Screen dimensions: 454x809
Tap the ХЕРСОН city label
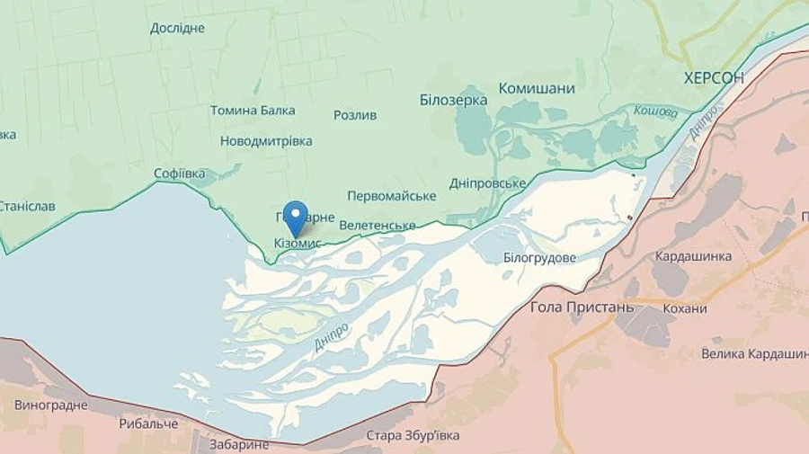[714, 78]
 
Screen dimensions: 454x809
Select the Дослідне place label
[177, 28]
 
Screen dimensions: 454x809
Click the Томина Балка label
[253, 111]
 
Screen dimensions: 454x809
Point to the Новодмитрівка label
[266, 141]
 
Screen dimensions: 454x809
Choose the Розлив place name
[355, 115]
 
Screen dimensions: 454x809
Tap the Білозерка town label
[453, 100]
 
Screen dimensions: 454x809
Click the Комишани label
[537, 88]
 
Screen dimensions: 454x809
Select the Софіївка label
[180, 173]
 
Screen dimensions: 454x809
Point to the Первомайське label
[392, 196]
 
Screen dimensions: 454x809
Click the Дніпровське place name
[487, 183]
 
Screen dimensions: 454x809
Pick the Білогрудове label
[539, 258]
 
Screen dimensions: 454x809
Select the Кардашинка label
[693, 256]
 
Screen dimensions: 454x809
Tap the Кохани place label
[684, 308]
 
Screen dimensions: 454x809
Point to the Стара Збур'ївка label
[413, 435]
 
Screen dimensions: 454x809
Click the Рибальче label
[148, 423]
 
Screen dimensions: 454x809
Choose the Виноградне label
[51, 405]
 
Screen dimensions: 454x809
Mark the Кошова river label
[655, 111]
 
